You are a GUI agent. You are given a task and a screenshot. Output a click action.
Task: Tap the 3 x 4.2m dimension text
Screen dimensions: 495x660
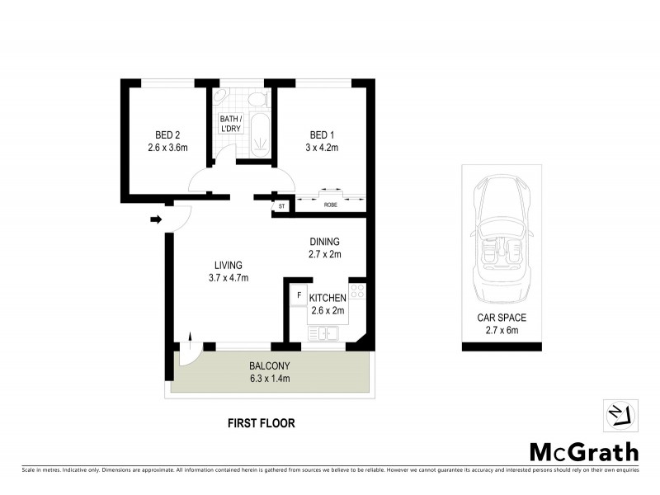pos(323,148)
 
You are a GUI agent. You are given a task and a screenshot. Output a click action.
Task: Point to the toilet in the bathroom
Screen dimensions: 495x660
pos(259,100)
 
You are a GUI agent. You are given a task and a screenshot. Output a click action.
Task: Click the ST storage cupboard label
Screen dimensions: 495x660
pos(281,205)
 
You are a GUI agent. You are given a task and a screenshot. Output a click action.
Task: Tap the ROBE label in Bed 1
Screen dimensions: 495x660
pos(330,205)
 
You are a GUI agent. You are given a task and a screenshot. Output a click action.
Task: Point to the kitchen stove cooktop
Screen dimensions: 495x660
pos(356,291)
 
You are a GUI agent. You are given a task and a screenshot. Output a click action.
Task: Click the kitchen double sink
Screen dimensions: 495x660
pos(323,332)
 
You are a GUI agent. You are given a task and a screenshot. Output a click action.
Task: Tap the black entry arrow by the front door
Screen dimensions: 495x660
pos(156,219)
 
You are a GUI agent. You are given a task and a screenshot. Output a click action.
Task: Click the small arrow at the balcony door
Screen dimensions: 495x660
pos(191,336)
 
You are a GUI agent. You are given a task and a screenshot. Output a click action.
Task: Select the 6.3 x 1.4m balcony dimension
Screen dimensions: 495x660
pos(271,379)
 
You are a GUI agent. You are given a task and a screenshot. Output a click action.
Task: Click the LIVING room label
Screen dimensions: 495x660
pos(228,265)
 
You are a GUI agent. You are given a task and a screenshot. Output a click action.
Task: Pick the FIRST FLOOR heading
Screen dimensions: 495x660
pos(261,423)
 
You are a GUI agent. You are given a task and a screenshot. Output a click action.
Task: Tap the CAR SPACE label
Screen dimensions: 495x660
pos(502,317)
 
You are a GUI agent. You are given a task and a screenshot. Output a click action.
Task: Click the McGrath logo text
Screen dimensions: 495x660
pos(583,451)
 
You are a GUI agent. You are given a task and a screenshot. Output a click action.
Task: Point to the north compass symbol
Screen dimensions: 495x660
pos(620,413)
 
